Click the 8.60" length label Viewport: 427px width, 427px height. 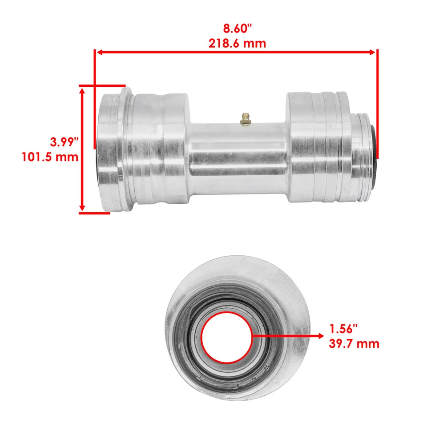tap(237, 28)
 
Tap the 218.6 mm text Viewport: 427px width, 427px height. tap(237, 43)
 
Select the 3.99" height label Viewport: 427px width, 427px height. tap(64, 142)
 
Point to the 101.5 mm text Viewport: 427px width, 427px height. tap(50, 157)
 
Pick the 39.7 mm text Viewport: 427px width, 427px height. tap(354, 343)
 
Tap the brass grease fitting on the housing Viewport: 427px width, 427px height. tap(244, 119)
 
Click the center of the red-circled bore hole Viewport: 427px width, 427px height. tap(227, 337)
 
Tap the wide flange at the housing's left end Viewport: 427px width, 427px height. tap(111, 149)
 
